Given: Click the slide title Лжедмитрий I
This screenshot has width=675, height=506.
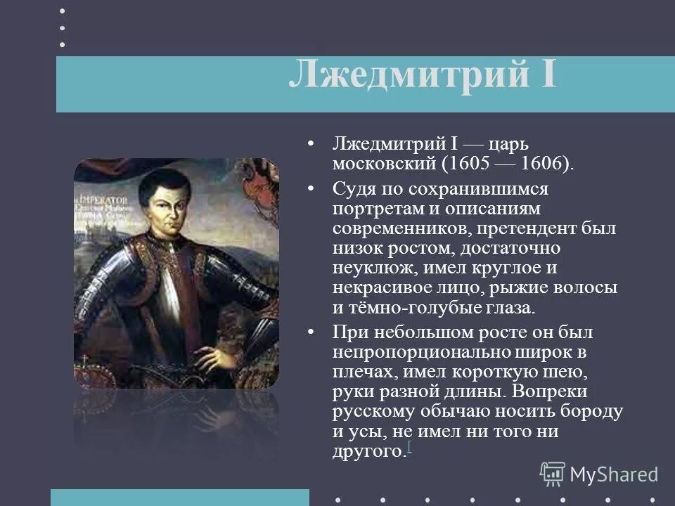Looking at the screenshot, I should [423, 74].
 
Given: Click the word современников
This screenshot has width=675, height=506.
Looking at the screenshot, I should [395, 229].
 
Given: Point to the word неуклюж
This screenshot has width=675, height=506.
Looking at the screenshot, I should [366, 268].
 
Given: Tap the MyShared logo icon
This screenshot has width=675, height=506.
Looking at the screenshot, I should [553, 474].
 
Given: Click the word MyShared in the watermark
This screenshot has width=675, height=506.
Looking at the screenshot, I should [614, 474].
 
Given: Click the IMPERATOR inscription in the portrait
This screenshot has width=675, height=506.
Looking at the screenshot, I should [98, 199].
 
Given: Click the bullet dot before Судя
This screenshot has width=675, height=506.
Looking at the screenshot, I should [310, 190].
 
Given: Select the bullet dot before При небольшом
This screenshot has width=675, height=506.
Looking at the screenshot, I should [310, 332].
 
